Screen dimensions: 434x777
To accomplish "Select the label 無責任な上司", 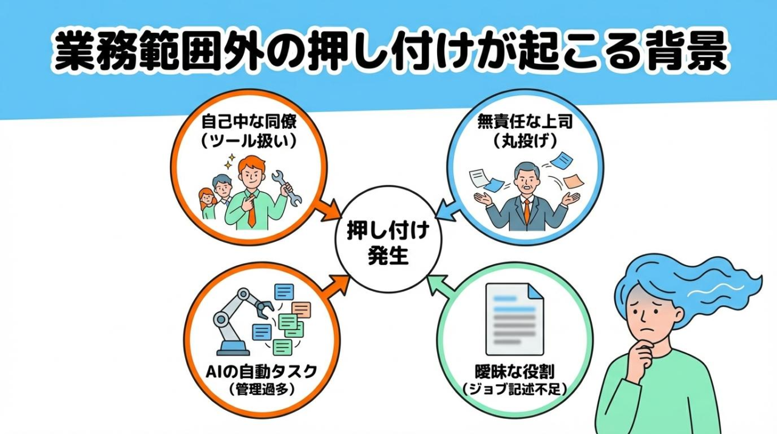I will coord(525,122).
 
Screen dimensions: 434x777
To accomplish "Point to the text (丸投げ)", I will coord(525,142).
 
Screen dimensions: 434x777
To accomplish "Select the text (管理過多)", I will coord(262,390).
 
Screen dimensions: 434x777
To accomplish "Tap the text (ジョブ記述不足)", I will coord(514,389).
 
